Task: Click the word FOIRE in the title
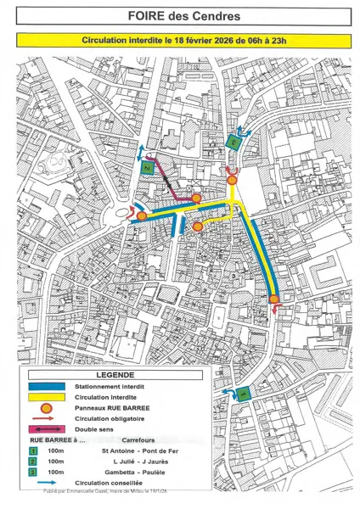coord(148,16)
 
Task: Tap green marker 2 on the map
coord(147,169)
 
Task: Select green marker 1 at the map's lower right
coord(242,394)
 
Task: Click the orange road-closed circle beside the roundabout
coord(143,216)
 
